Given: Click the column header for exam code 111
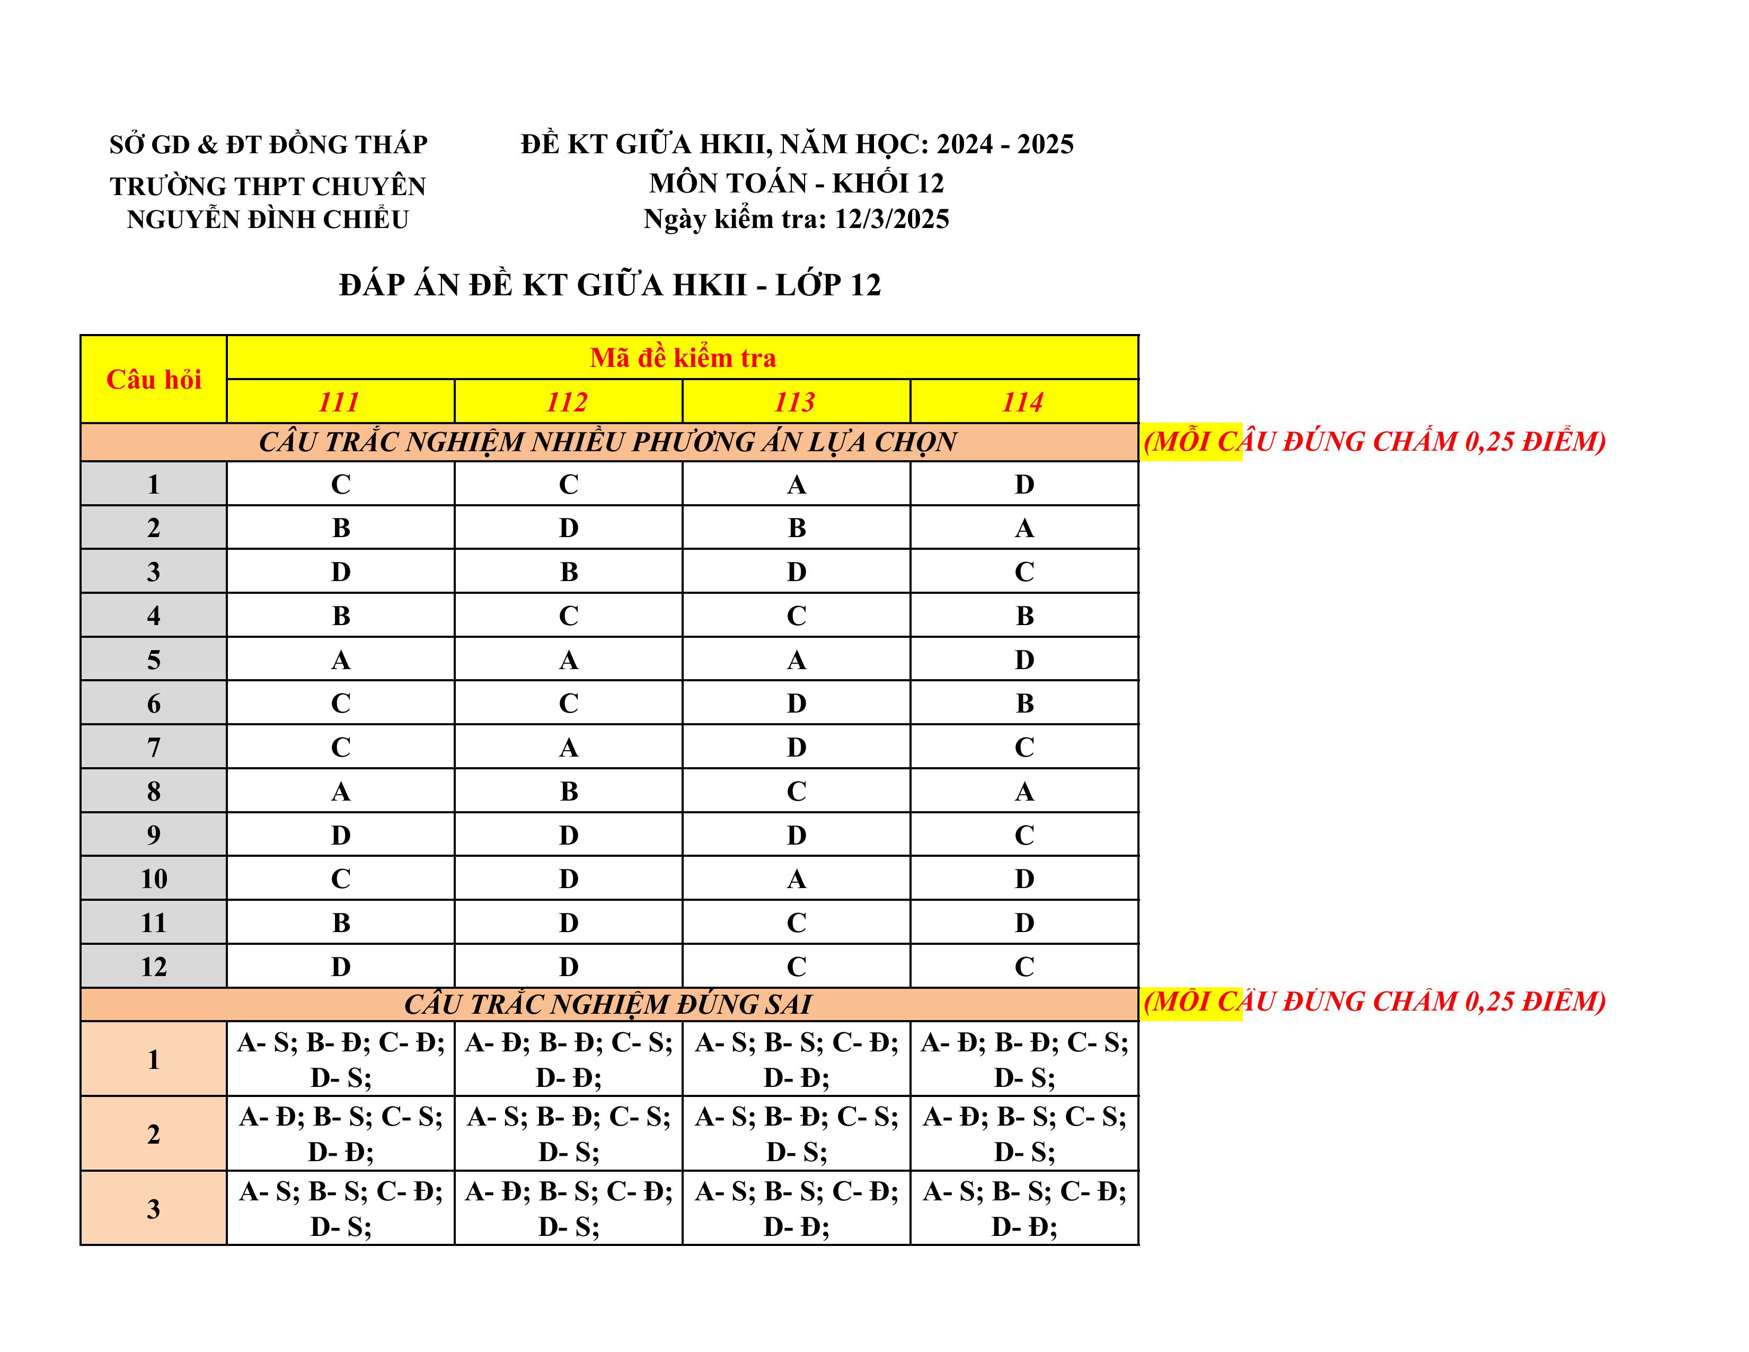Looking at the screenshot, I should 340,401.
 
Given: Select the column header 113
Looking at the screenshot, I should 795,401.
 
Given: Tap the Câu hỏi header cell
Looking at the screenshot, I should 154,379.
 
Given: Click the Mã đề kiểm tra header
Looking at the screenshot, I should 682,357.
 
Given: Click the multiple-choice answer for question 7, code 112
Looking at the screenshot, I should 568,747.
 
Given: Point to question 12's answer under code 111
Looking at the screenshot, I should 340,966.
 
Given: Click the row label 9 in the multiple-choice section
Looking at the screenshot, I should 154,835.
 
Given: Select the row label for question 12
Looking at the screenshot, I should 154,966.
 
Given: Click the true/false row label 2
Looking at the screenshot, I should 154,1134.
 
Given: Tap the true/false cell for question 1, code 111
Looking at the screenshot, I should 340,1059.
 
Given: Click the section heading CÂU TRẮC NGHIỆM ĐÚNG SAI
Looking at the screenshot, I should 608,1004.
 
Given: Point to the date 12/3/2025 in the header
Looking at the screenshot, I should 891,218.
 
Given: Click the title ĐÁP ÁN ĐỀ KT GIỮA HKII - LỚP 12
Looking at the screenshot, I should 609,284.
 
